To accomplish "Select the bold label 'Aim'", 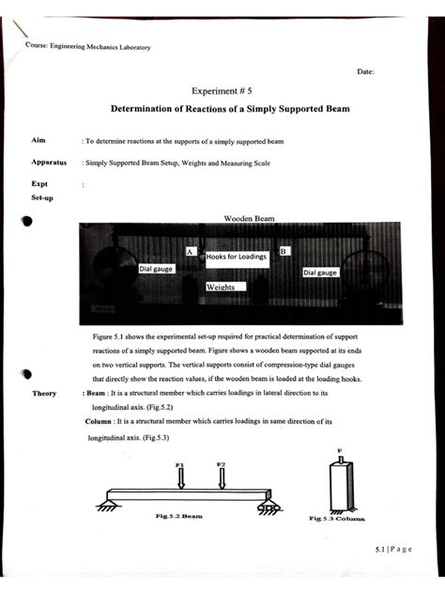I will tap(38, 139).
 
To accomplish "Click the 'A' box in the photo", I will tap(190, 252).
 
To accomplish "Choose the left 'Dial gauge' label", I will tap(158, 269).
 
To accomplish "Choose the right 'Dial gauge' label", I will tap(320, 273).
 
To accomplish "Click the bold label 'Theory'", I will tap(46, 394).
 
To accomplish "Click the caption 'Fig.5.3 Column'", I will tap(337, 519).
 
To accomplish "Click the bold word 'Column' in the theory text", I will tap(100, 422).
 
